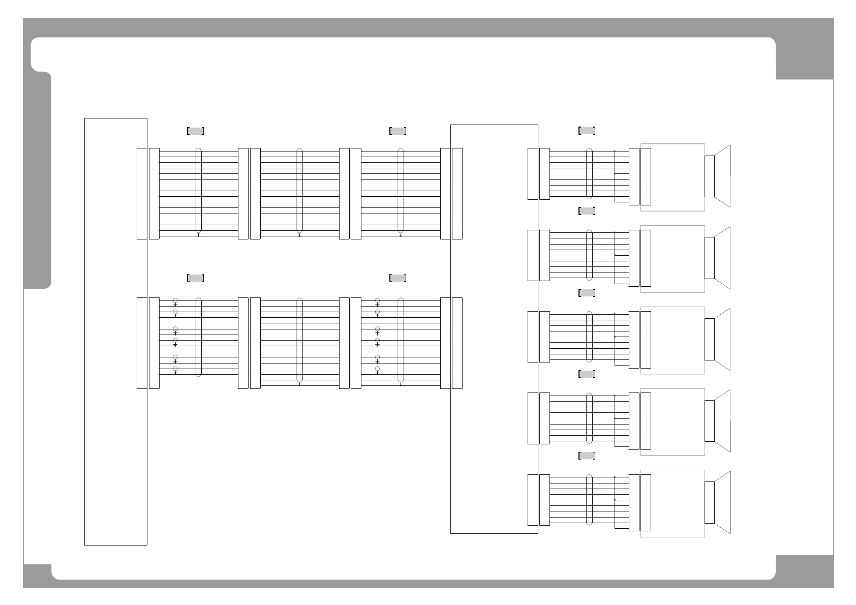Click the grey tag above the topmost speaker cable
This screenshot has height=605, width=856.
click(587, 131)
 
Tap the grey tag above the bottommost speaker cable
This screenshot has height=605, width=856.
click(587, 456)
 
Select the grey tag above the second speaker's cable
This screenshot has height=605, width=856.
click(587, 211)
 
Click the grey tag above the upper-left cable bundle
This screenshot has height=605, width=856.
click(196, 131)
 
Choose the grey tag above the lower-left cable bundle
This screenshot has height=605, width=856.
click(196, 278)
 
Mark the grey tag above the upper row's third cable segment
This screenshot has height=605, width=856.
click(398, 131)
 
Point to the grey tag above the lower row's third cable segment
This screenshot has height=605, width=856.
click(398, 278)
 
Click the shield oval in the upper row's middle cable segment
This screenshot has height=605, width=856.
click(299, 191)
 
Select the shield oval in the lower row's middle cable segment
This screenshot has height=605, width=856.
click(299, 339)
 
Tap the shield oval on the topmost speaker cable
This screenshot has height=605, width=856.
click(589, 173)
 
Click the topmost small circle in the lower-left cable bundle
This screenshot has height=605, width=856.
click(175, 300)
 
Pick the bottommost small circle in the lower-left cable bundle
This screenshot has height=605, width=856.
click(175, 369)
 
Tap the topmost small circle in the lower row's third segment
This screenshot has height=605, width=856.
click(377, 300)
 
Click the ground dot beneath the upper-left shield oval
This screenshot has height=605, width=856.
click(198, 235)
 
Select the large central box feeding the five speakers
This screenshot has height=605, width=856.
click(494, 329)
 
